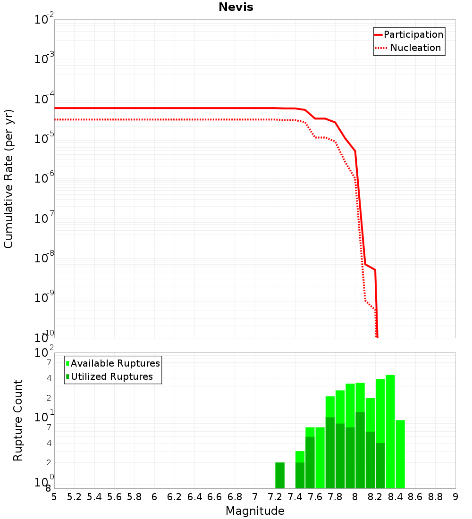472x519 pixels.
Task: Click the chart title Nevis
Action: coord(236,7)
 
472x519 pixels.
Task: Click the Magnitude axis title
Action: coord(255,511)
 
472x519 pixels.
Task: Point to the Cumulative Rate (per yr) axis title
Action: coord(8,179)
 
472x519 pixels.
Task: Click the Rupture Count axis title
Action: coord(18,420)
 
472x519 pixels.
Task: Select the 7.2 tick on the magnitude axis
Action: coord(275,497)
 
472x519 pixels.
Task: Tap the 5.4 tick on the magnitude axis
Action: coord(94,497)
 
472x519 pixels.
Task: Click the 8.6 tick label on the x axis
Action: coord(415,497)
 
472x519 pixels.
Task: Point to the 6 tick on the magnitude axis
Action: coord(154,497)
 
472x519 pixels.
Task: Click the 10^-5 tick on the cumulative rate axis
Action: coord(44,140)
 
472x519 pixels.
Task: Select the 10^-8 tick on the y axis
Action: coord(44,259)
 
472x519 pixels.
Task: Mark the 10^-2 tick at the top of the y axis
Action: coord(44,20)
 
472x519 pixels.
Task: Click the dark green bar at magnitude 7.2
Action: coord(280,475)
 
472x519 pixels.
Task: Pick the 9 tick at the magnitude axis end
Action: coord(455,497)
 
